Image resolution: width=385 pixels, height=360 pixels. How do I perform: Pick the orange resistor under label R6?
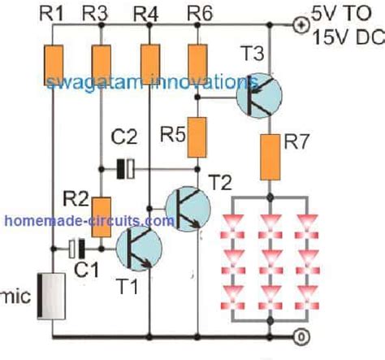click(197, 59)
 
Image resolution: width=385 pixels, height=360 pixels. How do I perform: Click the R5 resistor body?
click(198, 138)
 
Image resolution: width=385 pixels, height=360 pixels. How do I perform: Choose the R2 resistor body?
click(101, 216)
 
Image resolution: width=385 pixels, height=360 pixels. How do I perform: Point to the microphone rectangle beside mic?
click(53, 296)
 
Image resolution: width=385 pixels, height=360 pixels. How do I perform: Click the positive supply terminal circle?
click(299, 24)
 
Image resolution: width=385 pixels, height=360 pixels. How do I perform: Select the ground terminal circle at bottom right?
click(299, 335)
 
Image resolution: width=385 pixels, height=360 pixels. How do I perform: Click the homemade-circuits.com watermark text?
click(89, 220)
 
